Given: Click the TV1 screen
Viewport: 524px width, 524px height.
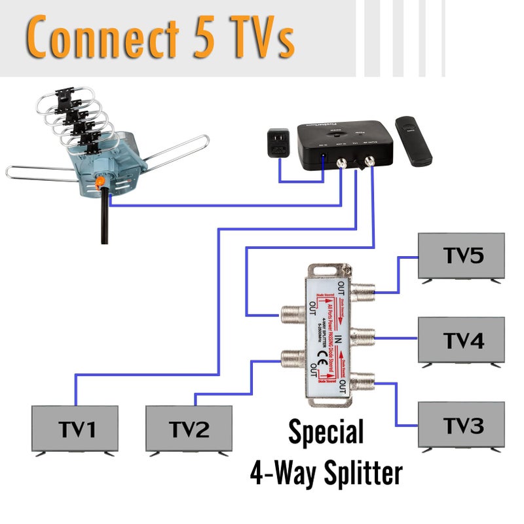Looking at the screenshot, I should [x=75, y=429].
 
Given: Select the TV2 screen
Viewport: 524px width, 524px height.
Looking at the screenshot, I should [x=189, y=429].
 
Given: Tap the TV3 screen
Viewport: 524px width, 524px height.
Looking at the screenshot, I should [x=462, y=425].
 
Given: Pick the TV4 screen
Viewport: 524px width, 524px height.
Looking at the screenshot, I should [x=462, y=340].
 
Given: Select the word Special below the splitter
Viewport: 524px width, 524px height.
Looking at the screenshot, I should [x=326, y=433].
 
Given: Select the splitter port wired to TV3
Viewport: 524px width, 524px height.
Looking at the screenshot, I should [x=364, y=380].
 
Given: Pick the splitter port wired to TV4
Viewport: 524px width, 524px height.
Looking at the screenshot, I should [x=364, y=338].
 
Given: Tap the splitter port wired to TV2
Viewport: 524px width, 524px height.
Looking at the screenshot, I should [x=289, y=358].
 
